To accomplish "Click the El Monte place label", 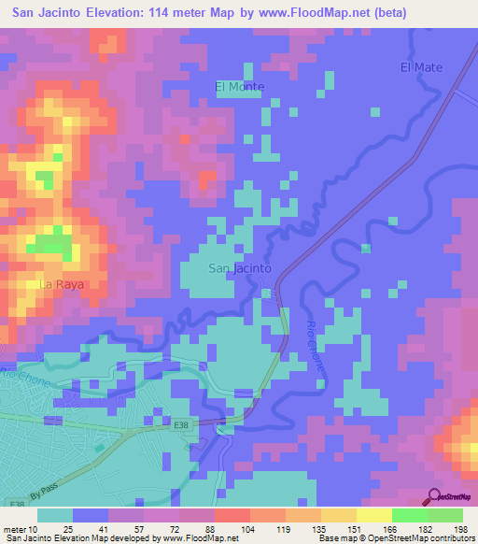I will [x=240, y=87].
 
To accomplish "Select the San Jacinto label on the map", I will [x=239, y=268].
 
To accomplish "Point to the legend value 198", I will [x=460, y=529].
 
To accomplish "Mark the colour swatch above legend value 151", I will [x=338, y=515].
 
